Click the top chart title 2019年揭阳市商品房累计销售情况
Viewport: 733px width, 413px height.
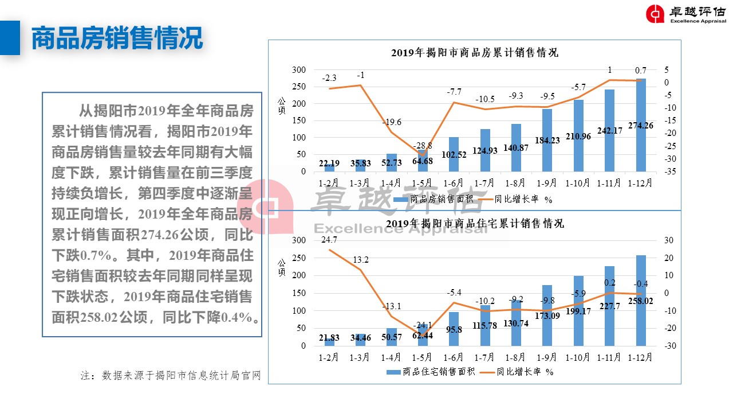click(474, 53)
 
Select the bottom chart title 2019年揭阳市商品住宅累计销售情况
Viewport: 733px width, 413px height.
click(474, 223)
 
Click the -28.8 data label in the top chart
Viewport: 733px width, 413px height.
click(423, 146)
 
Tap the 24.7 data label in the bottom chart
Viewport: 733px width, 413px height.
click(329, 240)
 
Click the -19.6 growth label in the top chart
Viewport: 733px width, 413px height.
click(392, 122)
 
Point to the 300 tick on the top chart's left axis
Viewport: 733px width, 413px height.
click(299, 70)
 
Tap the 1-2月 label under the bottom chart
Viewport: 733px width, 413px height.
click(329, 357)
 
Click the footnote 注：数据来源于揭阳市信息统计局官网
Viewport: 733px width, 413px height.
click(171, 376)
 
